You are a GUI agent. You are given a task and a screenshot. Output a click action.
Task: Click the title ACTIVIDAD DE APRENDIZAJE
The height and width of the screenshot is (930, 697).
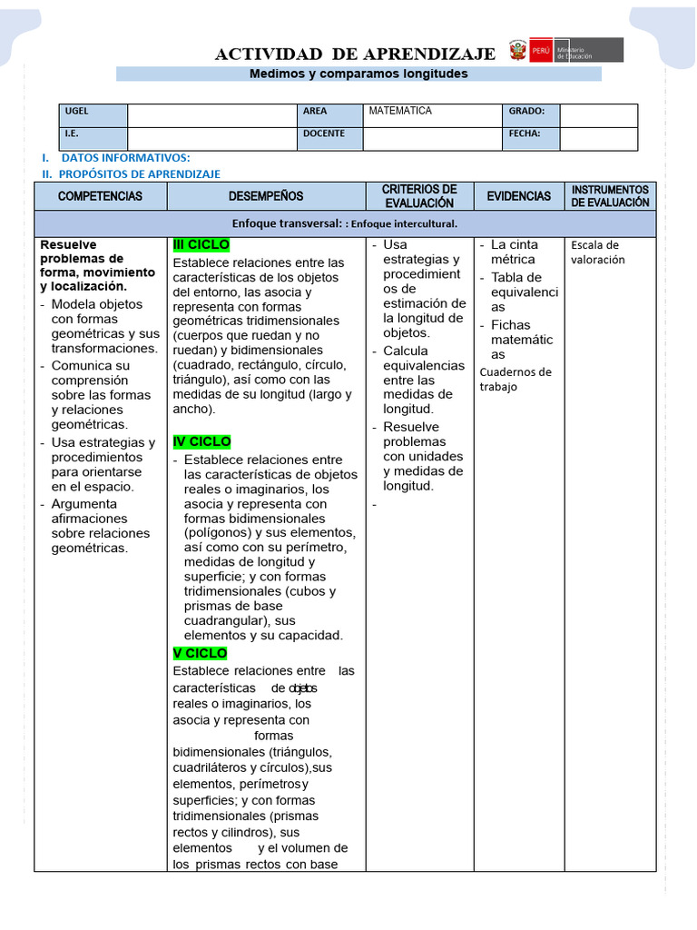(355, 54)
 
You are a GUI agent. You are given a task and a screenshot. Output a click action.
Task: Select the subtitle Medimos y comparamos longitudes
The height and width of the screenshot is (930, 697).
(358, 74)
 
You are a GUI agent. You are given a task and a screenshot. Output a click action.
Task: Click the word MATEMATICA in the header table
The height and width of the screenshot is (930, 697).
(400, 111)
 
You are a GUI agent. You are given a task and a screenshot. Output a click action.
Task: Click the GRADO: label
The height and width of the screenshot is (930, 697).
(526, 112)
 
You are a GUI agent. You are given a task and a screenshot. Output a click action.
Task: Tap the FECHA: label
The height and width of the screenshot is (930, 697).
(525, 134)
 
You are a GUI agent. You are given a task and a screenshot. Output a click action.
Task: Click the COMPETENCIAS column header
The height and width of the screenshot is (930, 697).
(100, 196)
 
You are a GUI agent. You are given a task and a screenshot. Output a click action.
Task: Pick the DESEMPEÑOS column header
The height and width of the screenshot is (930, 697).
(266, 196)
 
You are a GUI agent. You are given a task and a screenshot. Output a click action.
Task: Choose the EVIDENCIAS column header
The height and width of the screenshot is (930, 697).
(518, 196)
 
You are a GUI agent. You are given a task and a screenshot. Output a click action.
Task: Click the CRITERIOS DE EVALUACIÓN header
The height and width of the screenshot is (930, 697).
(419, 196)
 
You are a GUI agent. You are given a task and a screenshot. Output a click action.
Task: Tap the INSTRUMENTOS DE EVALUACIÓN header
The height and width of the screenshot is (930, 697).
(610, 196)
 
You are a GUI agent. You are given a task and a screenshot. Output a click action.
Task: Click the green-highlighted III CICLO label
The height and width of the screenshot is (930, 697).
(201, 245)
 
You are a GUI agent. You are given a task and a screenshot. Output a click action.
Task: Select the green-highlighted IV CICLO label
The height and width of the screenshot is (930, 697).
(202, 441)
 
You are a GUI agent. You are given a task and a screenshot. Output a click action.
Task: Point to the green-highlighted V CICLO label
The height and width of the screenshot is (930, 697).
(201, 653)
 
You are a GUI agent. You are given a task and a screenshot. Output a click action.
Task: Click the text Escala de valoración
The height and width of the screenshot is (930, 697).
(594, 252)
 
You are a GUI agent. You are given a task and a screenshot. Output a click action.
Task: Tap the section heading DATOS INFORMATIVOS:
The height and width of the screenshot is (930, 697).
(125, 158)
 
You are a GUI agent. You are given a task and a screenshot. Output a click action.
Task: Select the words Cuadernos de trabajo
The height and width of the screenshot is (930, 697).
(515, 379)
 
